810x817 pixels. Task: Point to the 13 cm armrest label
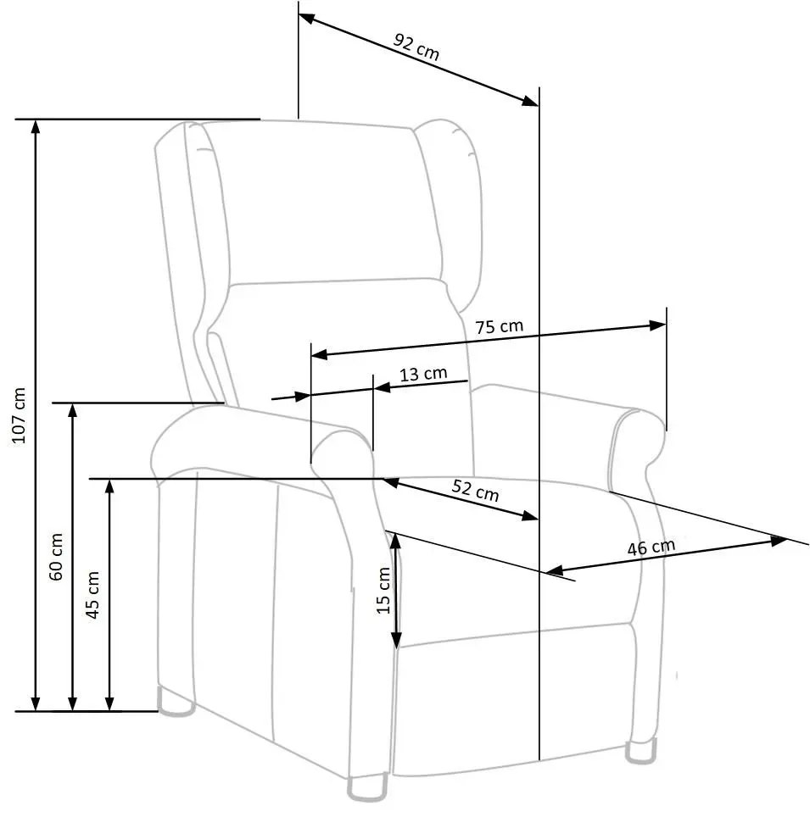(x=422, y=374)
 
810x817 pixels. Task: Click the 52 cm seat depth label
(x=475, y=491)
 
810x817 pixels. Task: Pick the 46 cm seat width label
(x=651, y=547)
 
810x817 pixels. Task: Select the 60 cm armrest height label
(x=57, y=556)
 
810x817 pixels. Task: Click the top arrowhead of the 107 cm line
(x=35, y=125)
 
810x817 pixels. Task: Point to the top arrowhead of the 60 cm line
(x=73, y=409)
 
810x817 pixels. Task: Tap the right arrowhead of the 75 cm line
(x=659, y=325)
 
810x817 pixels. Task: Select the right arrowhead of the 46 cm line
(x=781, y=539)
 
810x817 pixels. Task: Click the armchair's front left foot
(x=368, y=787)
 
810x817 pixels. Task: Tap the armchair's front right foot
(x=640, y=751)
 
